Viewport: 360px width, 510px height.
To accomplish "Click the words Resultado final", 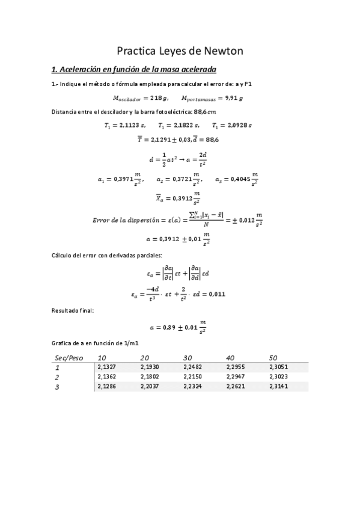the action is (x=73, y=311).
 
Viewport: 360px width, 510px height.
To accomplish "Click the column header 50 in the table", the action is (x=274, y=358).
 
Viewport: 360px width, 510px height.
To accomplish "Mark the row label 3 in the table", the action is (x=57, y=387).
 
